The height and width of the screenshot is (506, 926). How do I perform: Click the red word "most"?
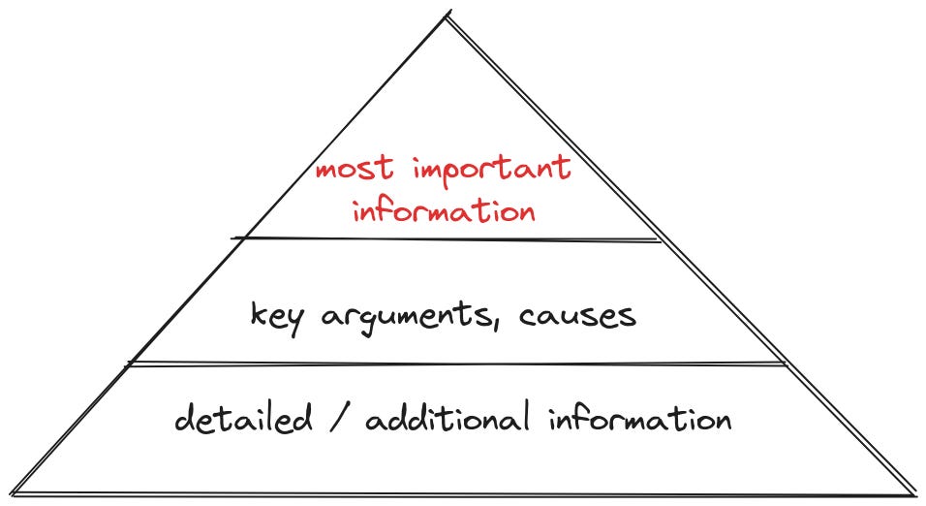[355, 172]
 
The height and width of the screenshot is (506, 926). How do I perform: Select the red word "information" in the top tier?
[444, 209]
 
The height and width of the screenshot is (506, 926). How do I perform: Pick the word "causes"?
[577, 315]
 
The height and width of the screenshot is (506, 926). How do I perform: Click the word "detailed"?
[243, 420]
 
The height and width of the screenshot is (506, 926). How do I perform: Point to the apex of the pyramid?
[448, 14]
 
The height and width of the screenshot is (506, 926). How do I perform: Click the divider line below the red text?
[446, 238]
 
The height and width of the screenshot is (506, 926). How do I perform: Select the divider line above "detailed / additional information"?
[455, 364]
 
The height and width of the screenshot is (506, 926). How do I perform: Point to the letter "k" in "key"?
[257, 314]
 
